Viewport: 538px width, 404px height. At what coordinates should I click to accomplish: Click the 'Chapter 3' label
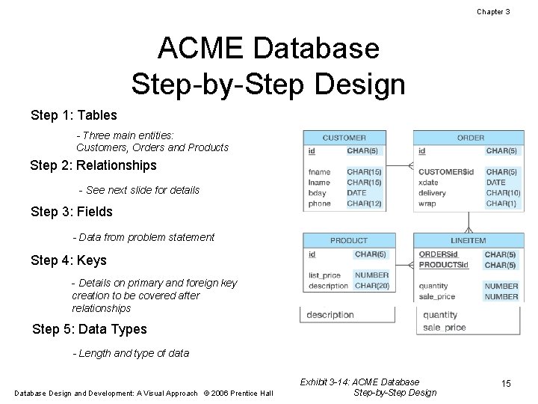tap(493, 12)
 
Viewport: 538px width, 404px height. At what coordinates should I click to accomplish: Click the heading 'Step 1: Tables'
tap(74, 115)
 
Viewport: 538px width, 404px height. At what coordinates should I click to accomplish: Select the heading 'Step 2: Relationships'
tap(93, 165)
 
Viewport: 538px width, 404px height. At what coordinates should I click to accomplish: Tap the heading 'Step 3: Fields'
tap(72, 212)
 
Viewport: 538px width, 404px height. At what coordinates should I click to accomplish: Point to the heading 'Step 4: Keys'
tap(69, 260)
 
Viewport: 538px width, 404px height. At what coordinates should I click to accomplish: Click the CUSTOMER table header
tap(344, 138)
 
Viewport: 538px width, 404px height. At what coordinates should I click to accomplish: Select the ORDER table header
tap(470, 138)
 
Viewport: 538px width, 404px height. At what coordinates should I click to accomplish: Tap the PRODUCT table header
tap(348, 240)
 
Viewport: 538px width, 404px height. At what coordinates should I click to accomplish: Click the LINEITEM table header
tap(469, 240)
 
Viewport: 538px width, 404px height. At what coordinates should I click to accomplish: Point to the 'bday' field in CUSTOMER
tap(317, 193)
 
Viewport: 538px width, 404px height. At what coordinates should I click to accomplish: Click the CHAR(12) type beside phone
tap(364, 203)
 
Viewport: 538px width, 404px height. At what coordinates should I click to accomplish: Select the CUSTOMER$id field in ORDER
tap(446, 172)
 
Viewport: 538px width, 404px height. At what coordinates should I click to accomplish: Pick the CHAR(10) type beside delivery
tap(502, 193)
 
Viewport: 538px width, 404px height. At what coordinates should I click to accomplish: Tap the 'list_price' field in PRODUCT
tap(324, 275)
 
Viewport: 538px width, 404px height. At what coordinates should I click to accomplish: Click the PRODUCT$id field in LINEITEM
tap(443, 265)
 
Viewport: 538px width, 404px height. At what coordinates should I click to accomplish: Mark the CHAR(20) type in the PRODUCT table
tap(371, 286)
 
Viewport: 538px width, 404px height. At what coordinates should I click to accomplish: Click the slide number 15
tap(506, 384)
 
